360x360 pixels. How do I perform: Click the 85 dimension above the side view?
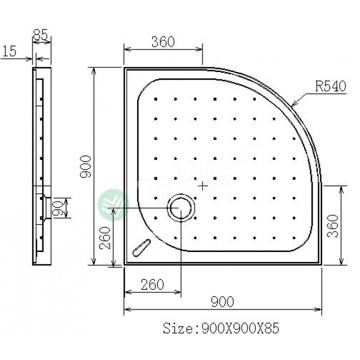pos(41,35)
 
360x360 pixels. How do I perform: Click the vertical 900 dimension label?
pos(86,166)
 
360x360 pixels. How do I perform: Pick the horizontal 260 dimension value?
pos(152,284)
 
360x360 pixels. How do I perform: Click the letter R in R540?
pos(319,85)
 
